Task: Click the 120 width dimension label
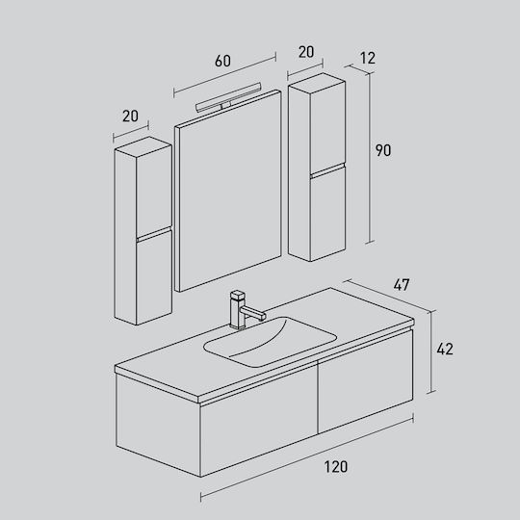tap(336, 467)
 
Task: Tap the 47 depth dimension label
tap(402, 285)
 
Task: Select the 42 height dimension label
tap(445, 349)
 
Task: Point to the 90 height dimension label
tap(383, 150)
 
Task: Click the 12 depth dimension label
tap(368, 58)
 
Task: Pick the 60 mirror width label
tap(222, 61)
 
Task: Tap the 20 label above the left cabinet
tap(130, 116)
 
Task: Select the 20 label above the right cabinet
tap(306, 52)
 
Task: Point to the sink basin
tap(270, 342)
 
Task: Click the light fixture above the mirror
tap(228, 98)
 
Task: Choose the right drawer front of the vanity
tap(365, 381)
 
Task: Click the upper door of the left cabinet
tap(154, 191)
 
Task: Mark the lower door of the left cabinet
tap(154, 277)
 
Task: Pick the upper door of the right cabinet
tap(327, 127)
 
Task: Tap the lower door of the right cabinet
tap(327, 214)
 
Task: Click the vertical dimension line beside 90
tap(369, 158)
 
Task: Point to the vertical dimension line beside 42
tap(430, 352)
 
